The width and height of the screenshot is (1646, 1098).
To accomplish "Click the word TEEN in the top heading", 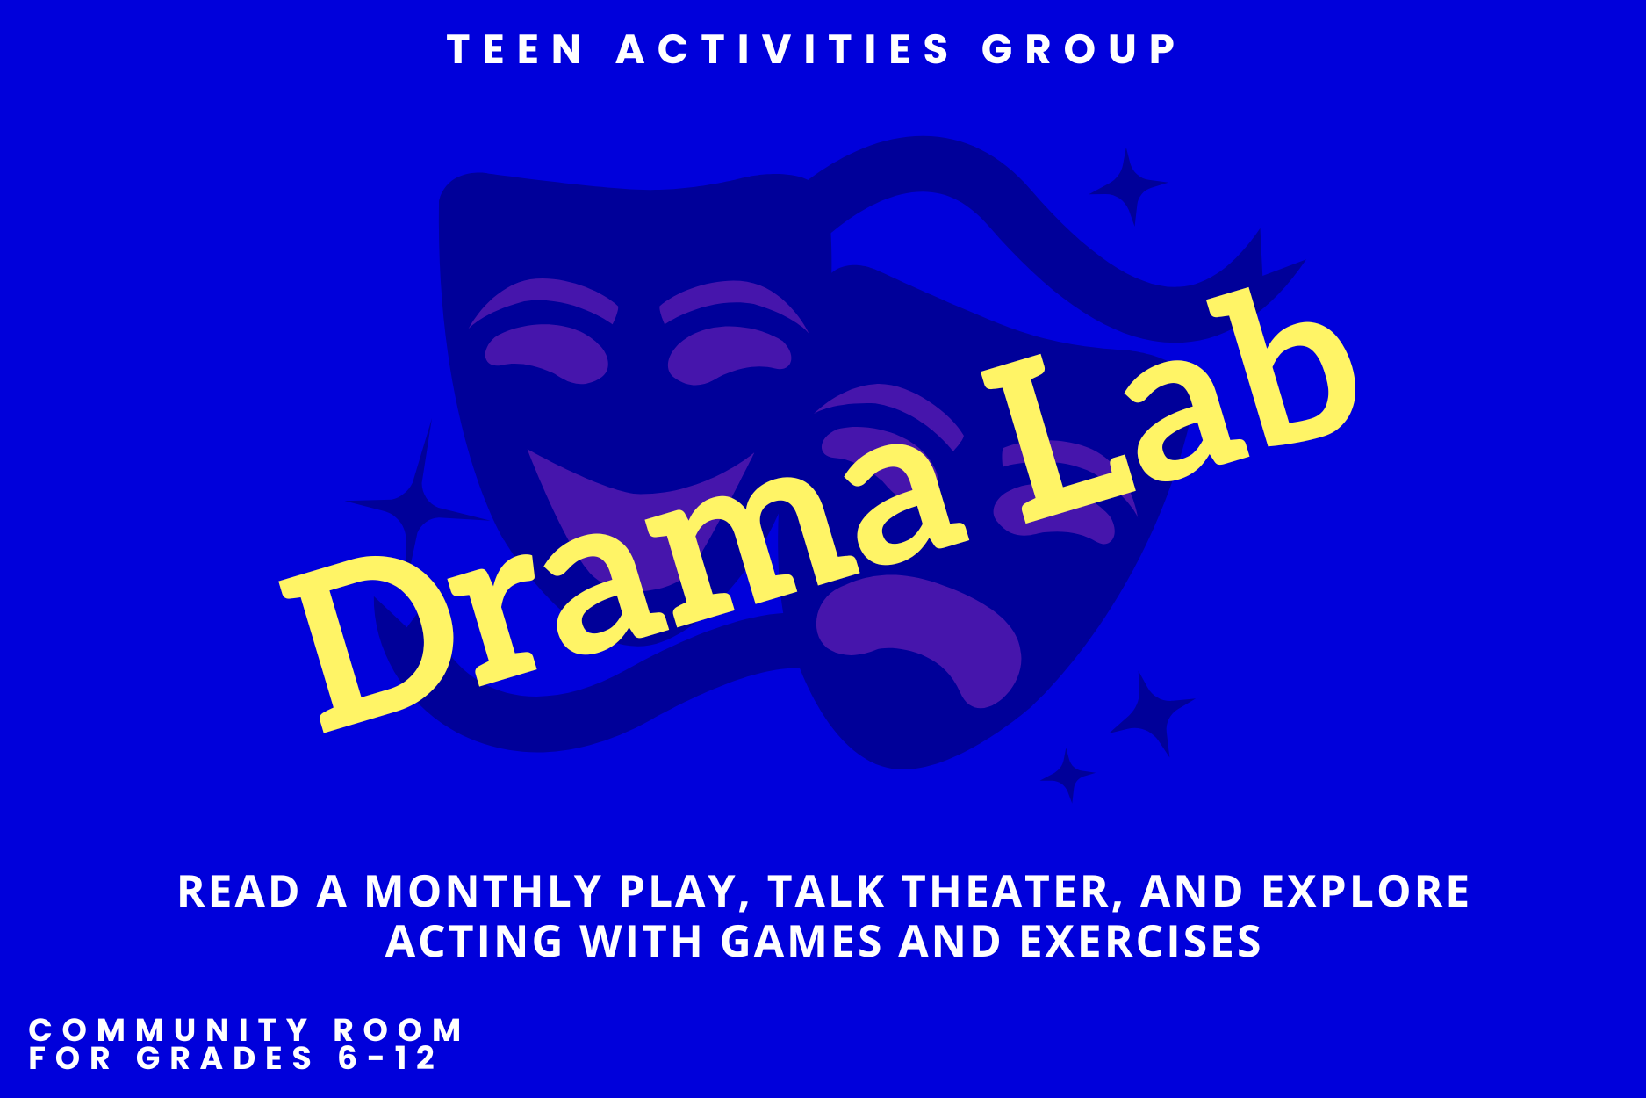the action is coord(515,49).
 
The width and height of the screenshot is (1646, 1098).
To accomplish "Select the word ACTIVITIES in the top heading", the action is coord(784,49).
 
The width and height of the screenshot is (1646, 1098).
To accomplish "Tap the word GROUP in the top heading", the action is coord(1080,49).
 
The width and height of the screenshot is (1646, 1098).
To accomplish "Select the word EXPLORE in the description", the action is coord(1365,892).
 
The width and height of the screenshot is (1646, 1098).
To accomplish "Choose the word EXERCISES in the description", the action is coord(1140,942).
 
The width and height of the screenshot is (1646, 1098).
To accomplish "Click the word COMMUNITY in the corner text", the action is coord(169,1029).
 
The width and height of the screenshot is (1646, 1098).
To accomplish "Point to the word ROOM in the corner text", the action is coord(398,1029).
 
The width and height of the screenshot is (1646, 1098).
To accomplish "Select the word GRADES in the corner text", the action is coord(225,1058).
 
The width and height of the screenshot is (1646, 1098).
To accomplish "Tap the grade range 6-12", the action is coord(387,1058).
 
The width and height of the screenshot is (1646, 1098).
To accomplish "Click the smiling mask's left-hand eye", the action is coord(546,353).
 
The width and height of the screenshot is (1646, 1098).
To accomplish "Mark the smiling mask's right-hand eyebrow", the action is coord(733,303).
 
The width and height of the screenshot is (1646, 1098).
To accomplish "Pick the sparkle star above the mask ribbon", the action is coord(1129,186).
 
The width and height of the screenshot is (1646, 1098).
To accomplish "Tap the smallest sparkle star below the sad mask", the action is coord(1068,775).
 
